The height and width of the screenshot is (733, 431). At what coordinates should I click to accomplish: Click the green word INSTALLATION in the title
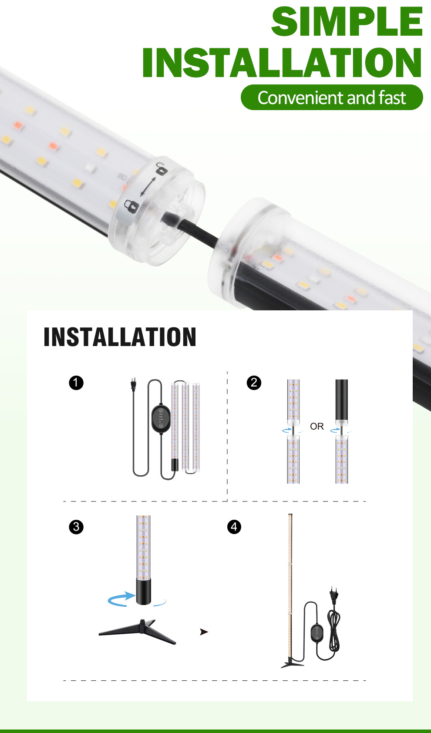pyautogui.click(x=282, y=63)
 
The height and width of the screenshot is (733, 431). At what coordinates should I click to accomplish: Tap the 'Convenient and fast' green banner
pyautogui.click(x=332, y=98)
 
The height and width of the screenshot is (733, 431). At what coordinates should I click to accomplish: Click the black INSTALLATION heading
pyautogui.click(x=120, y=337)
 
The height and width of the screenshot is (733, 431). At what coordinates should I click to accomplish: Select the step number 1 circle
pyautogui.click(x=76, y=383)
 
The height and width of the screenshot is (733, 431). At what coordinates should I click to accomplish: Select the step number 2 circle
pyautogui.click(x=254, y=383)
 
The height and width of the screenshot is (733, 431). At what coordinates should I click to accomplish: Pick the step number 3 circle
pyautogui.click(x=76, y=527)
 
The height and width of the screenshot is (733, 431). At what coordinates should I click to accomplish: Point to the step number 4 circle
pyautogui.click(x=234, y=527)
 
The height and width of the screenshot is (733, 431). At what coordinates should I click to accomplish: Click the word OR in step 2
pyautogui.click(x=317, y=427)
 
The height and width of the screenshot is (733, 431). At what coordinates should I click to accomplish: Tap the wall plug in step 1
pyautogui.click(x=133, y=384)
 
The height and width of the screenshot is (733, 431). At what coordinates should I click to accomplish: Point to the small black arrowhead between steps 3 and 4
pyautogui.click(x=204, y=632)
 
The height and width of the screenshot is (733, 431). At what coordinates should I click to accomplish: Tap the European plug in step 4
pyautogui.click(x=334, y=595)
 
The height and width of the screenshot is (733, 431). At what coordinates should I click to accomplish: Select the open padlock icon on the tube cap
pyautogui.click(x=162, y=169)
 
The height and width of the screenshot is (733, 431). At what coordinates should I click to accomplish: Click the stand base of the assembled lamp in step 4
pyautogui.click(x=292, y=662)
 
